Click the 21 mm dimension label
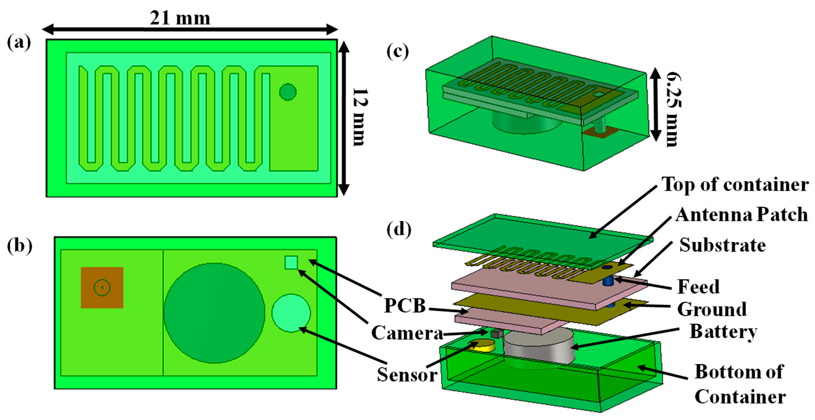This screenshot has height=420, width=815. tap(180, 18)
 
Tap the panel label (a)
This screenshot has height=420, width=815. tap(19, 43)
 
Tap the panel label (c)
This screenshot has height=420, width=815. tap(398, 52)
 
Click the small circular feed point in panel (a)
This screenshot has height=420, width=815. tap(288, 92)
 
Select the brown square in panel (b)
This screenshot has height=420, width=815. tap(102, 287)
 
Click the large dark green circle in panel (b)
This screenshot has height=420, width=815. tap(214, 313)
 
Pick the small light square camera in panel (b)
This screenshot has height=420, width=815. tap(291, 262)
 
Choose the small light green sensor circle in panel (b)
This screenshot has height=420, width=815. tap(291, 313)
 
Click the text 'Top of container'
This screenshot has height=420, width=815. tap(735, 184)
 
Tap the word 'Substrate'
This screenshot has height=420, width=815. tap(723, 245)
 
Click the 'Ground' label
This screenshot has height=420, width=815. tap(712, 309)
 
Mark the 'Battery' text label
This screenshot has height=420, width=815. tap(723, 331)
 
